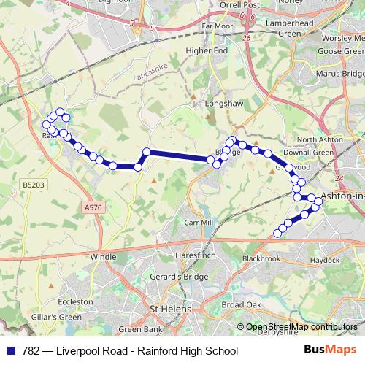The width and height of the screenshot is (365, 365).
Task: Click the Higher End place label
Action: pyautogui.click(x=207, y=50)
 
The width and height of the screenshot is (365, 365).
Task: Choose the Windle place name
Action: pyautogui.click(x=103, y=257)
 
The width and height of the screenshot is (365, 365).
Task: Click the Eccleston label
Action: pyautogui.click(x=75, y=301)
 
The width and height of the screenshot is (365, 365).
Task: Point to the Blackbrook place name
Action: pyautogui.click(x=261, y=258)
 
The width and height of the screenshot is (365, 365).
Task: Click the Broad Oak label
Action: pyautogui.click(x=241, y=304)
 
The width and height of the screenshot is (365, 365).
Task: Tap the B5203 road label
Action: pyautogui.click(x=33, y=185)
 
